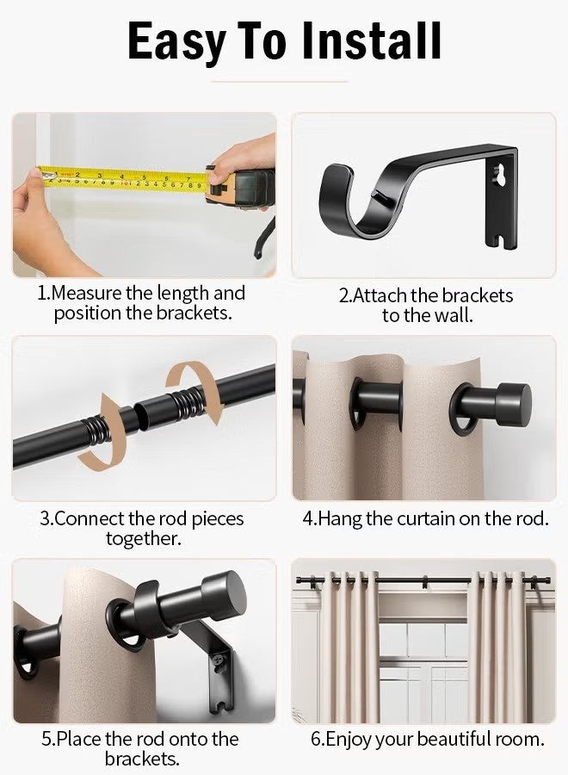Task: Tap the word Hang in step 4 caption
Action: tap(339, 519)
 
